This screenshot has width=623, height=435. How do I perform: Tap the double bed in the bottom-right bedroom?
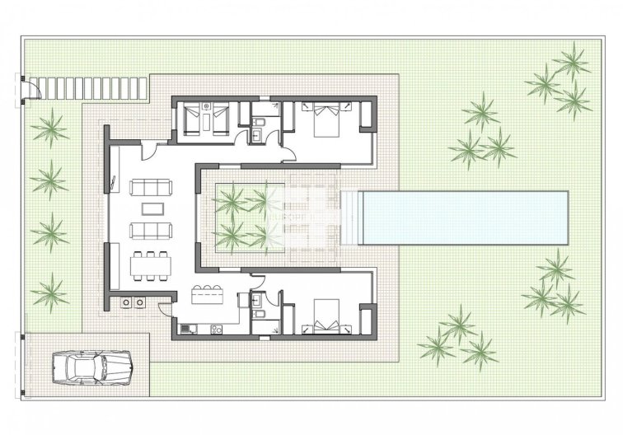point(322,317)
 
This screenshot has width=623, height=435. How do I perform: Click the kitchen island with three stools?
point(208,293)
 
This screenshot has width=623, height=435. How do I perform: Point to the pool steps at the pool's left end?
point(349,217)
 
